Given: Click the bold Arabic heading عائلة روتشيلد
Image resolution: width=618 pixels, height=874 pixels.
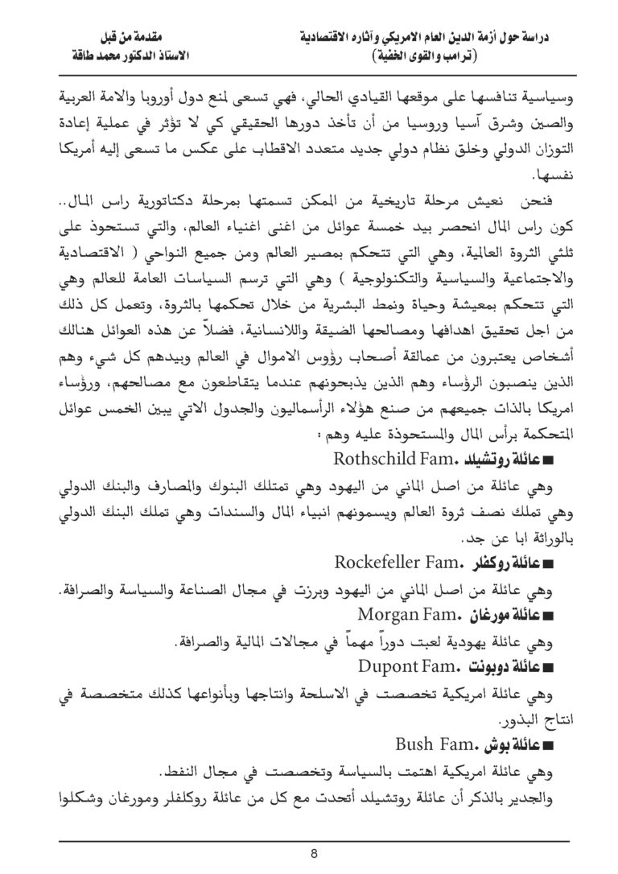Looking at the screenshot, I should (x=501, y=461).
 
